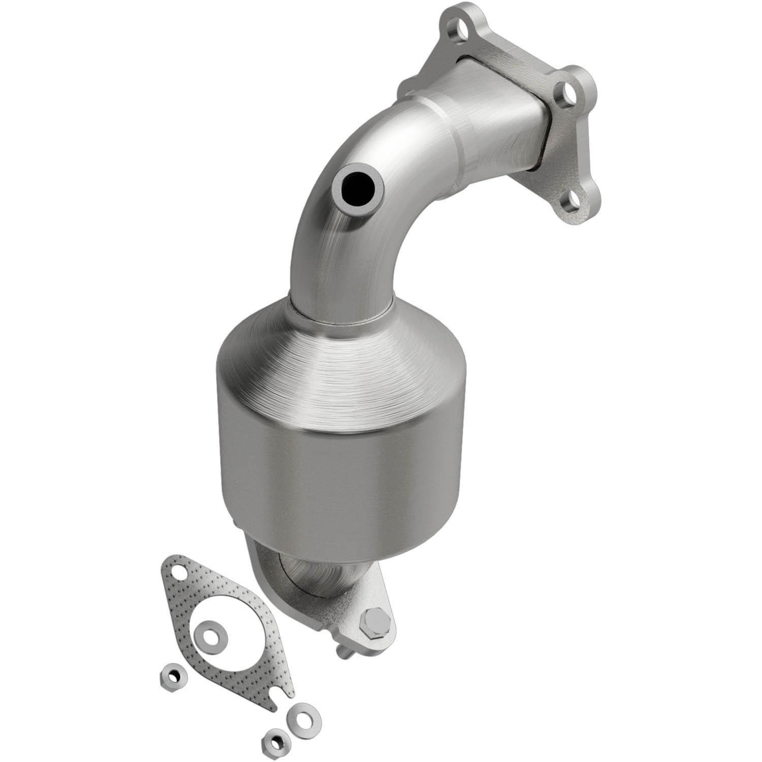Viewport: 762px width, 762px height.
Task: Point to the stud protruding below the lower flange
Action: (x=344, y=649)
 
